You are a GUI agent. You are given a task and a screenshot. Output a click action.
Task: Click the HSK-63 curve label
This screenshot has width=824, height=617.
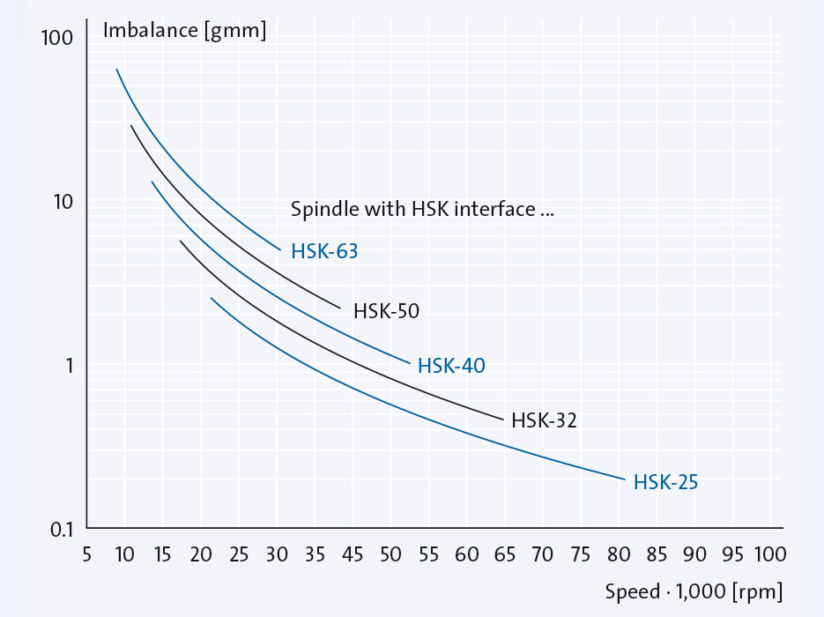click(324, 251)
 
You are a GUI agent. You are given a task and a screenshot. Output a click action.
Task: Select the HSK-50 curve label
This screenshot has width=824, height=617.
click(386, 310)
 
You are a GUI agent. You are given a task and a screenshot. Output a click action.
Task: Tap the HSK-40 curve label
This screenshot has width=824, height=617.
click(451, 365)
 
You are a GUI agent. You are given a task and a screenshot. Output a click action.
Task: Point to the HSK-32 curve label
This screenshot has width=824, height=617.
click(544, 420)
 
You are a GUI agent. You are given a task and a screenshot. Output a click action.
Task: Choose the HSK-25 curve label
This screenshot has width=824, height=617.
click(665, 482)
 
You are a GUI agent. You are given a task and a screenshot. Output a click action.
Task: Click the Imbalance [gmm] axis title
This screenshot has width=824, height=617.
click(184, 30)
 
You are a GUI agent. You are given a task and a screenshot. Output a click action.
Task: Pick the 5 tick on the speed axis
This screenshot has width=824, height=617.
click(86, 554)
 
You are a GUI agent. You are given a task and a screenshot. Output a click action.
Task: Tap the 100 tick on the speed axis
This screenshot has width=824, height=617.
click(769, 554)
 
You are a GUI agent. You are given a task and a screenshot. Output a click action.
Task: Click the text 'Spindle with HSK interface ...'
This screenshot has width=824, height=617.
click(421, 209)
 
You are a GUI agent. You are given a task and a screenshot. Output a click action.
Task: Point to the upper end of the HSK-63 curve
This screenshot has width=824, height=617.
click(116, 69)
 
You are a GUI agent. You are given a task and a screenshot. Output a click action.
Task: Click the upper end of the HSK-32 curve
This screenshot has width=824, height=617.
click(180, 241)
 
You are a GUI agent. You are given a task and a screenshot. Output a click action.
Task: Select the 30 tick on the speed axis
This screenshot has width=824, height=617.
click(277, 554)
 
